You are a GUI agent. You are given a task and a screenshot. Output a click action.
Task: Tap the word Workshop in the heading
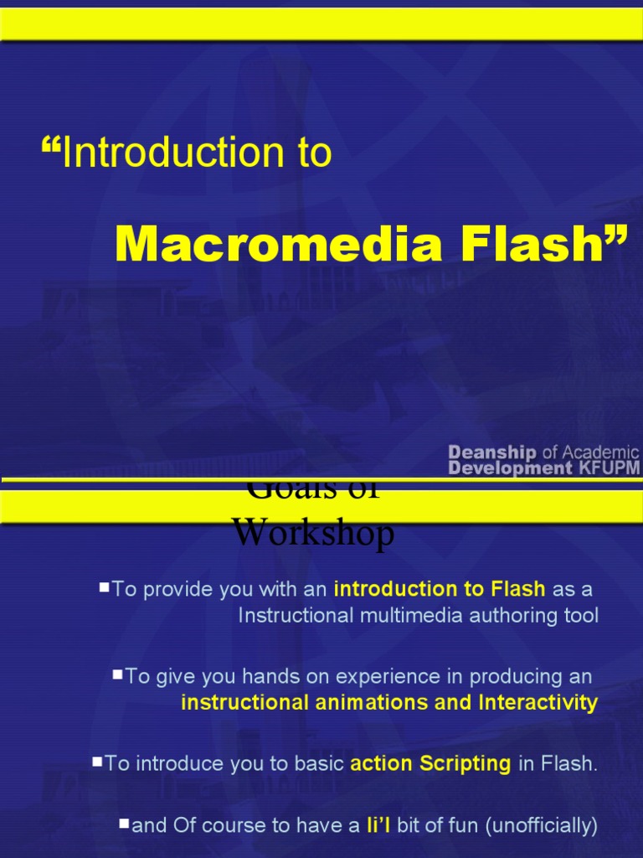click(312, 533)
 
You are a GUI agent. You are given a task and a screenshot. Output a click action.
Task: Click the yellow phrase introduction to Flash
click(440, 589)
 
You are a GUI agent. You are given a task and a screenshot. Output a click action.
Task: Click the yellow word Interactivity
click(538, 702)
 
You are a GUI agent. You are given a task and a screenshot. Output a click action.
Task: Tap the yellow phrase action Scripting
click(430, 763)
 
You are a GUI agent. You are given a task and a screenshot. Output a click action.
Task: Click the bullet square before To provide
click(104, 587)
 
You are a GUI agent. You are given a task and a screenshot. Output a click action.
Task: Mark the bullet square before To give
click(117, 674)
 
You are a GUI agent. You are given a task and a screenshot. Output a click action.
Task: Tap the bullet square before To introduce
click(97, 762)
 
